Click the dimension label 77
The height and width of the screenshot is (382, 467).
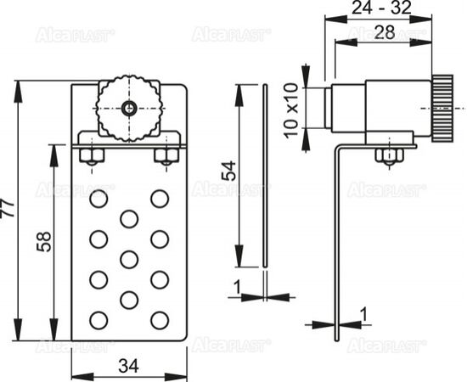click(x=7, y=209)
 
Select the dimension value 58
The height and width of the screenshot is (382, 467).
click(x=44, y=241)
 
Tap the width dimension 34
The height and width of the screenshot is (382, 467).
click(x=129, y=366)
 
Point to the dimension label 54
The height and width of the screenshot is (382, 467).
click(x=229, y=171)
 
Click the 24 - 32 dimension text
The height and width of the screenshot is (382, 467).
click(x=381, y=8)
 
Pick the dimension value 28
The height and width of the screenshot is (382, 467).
click(x=385, y=32)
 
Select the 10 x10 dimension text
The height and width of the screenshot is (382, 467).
click(x=291, y=110)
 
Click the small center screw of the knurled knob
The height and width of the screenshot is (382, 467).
click(x=129, y=109)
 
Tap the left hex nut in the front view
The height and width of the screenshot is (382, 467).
click(x=92, y=155)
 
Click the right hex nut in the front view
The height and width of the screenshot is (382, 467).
click(x=166, y=155)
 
